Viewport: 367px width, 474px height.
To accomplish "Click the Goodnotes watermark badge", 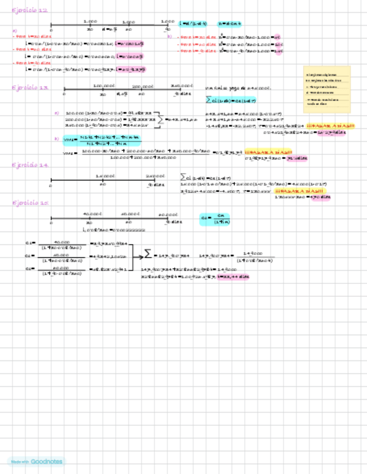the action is (x=36, y=462).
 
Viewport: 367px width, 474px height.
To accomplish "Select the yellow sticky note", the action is (x=327, y=89).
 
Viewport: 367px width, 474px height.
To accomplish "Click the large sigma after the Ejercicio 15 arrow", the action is (x=147, y=254).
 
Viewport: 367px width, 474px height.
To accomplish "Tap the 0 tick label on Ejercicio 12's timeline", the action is (x=51, y=30).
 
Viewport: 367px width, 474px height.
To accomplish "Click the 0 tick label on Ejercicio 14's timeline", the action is (x=51, y=185).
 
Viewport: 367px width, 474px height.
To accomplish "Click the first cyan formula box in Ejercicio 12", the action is (x=194, y=24).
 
